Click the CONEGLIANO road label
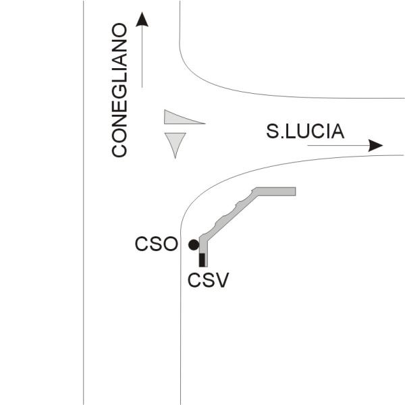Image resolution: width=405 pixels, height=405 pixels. (x=119, y=90)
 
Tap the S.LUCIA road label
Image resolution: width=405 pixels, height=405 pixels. (x=305, y=132)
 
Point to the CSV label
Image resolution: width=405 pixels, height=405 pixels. (x=208, y=279)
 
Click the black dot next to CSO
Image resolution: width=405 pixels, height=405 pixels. (x=194, y=244)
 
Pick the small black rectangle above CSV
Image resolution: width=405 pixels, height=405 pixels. (x=202, y=260)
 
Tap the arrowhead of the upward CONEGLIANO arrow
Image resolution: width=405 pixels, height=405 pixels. (x=142, y=18)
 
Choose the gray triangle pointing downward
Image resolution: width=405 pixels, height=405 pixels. (x=175, y=142)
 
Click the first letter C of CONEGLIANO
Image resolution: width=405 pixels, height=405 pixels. (x=119, y=151)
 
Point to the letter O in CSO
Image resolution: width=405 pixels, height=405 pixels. (x=171, y=244)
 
